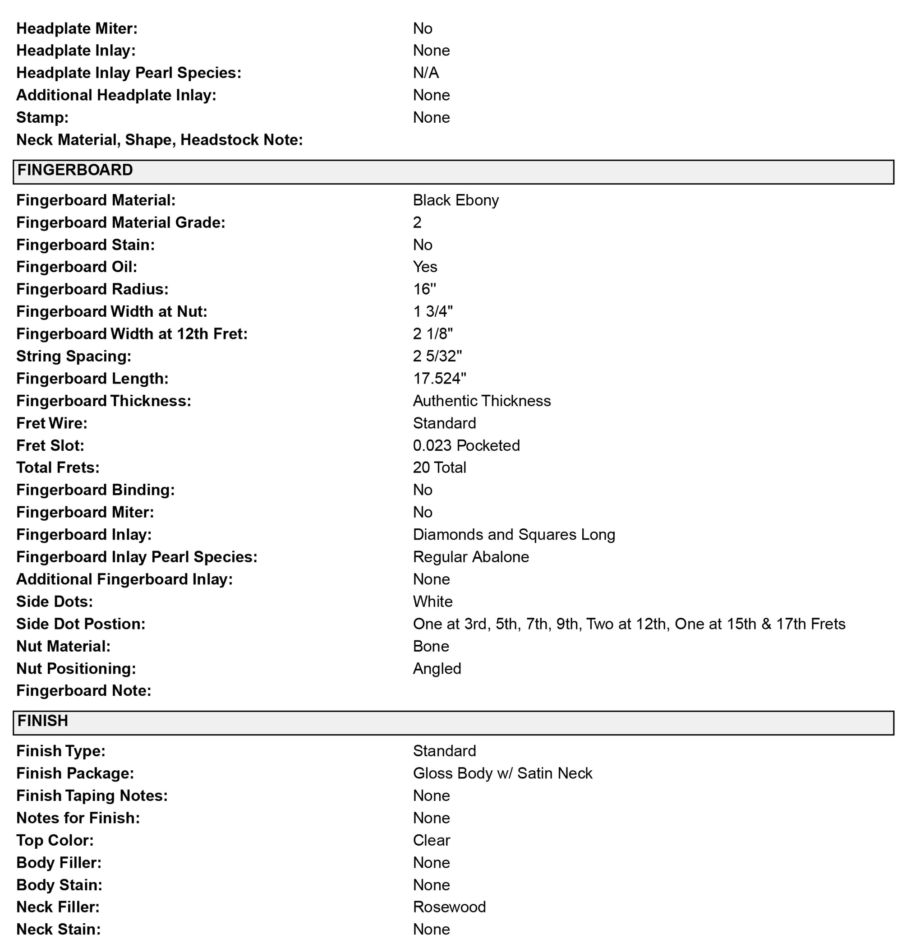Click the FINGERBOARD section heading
(x=75, y=170)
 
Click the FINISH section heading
(x=43, y=721)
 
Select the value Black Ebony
(x=456, y=200)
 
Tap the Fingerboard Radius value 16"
(x=424, y=289)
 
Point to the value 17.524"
(x=439, y=379)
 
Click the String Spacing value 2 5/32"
(x=437, y=356)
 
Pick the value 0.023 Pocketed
(x=466, y=445)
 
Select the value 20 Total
(x=439, y=467)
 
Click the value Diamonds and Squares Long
(x=514, y=535)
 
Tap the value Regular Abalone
(x=470, y=557)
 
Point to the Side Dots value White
(x=432, y=602)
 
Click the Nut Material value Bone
(x=430, y=646)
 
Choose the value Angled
(x=437, y=669)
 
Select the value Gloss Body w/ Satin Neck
(x=502, y=773)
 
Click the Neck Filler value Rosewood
(x=449, y=907)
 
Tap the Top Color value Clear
(x=431, y=840)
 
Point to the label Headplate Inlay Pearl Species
(x=129, y=73)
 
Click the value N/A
(x=425, y=73)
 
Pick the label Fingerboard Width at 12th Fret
(x=132, y=334)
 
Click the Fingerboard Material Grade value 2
(x=417, y=222)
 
